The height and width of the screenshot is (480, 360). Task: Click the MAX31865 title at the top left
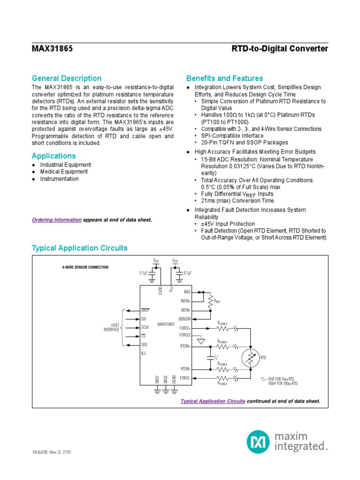[x=52, y=49]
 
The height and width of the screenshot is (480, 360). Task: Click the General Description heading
[x=67, y=78]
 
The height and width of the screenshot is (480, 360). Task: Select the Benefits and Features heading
[x=225, y=78]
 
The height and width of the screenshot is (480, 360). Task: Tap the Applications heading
[x=53, y=156]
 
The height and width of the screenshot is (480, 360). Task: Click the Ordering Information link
[x=57, y=219]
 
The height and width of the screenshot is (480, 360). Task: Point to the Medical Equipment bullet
[x=64, y=172]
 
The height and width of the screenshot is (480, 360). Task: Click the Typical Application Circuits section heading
[x=79, y=248]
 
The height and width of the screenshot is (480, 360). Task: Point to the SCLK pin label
[x=145, y=327]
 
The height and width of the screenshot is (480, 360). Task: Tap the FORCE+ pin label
[x=185, y=328]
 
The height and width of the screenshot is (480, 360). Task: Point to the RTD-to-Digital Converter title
[x=280, y=49]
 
